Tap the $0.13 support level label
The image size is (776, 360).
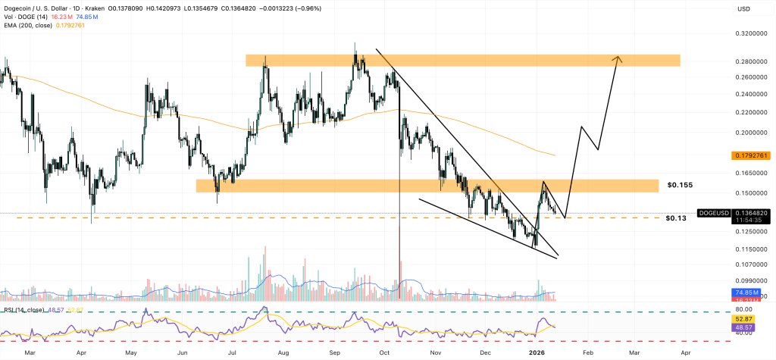pyautogui.click(x=675, y=218)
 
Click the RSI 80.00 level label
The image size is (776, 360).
pyautogui.click(x=743, y=310)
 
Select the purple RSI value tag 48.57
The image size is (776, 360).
pyautogui.click(x=743, y=327)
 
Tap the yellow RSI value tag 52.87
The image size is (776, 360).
pyautogui.click(x=743, y=319)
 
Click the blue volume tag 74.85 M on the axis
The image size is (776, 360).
pyautogui.click(x=743, y=291)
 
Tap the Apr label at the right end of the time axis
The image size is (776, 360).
pyautogui.click(x=685, y=352)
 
